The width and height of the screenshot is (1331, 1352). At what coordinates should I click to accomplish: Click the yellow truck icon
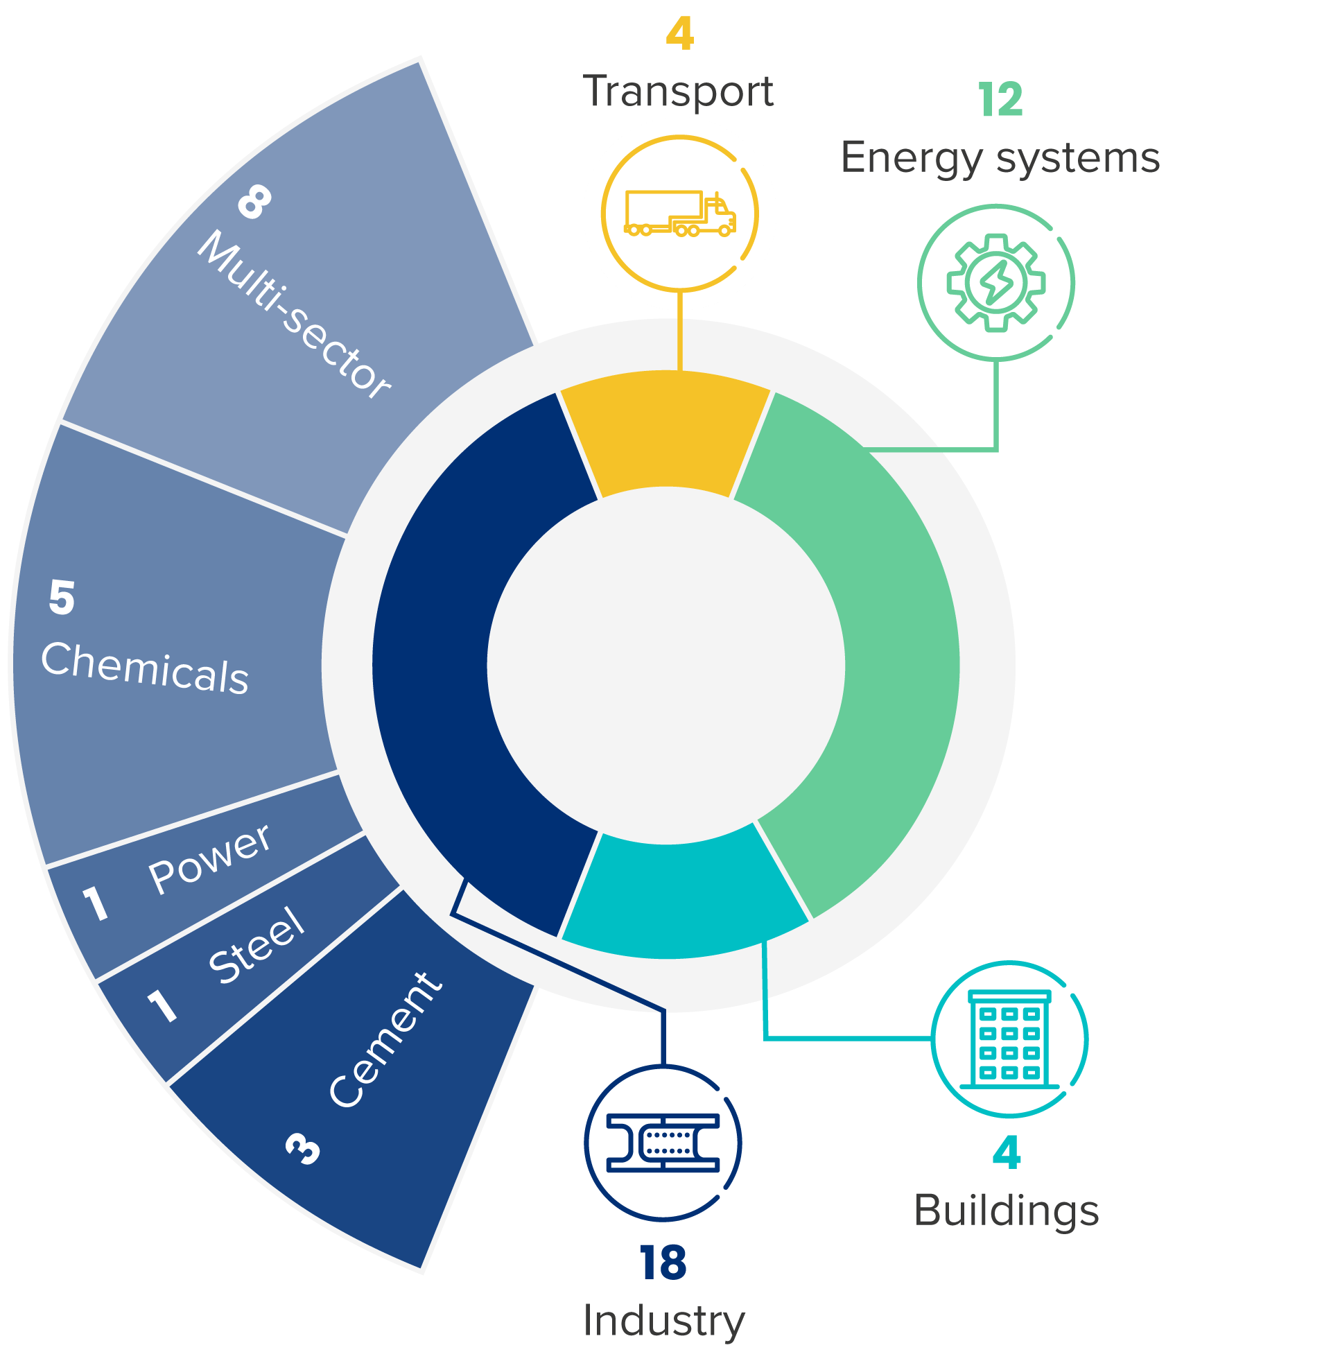(679, 214)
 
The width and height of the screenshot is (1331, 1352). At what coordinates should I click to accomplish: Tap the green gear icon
(995, 282)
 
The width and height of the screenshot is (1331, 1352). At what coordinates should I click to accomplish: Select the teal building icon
(1009, 1039)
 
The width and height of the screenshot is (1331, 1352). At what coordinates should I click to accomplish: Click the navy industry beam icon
(663, 1143)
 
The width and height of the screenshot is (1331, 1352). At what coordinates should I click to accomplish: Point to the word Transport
(679, 91)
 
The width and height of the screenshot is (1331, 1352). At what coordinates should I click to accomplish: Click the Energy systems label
(1000, 158)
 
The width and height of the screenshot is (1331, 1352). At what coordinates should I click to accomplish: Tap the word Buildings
(1007, 1211)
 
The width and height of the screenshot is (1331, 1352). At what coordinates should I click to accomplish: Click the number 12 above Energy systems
(1000, 99)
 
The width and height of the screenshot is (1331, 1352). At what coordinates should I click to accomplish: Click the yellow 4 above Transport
(679, 33)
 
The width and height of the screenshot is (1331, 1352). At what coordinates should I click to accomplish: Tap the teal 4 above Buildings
(1007, 1153)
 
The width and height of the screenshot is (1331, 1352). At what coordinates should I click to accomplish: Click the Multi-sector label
(294, 315)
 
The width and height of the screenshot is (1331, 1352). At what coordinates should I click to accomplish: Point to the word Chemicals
(146, 668)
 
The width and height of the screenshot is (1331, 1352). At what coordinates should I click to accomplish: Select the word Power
(210, 859)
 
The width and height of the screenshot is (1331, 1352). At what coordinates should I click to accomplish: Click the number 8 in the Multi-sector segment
(254, 202)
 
